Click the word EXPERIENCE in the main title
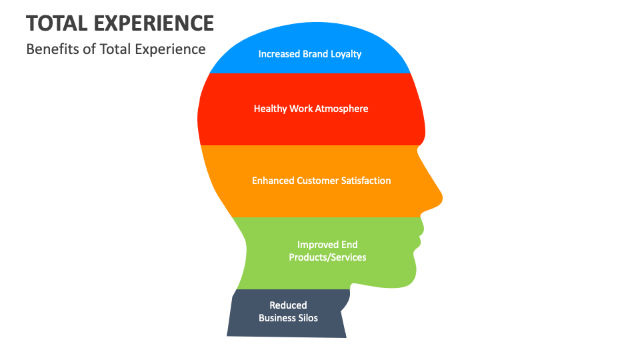pos(155,23)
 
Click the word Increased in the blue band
pos(279,53)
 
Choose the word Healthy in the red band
pos(270,108)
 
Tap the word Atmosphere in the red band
pos(341,108)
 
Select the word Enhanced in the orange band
pos(273,180)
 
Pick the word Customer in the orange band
pos(318,180)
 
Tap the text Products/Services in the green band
pos(327,257)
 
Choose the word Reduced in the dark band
pos(288,305)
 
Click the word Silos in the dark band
pos(307,317)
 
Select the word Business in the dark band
pos(276,317)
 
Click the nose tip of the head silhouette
pos(440,197)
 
